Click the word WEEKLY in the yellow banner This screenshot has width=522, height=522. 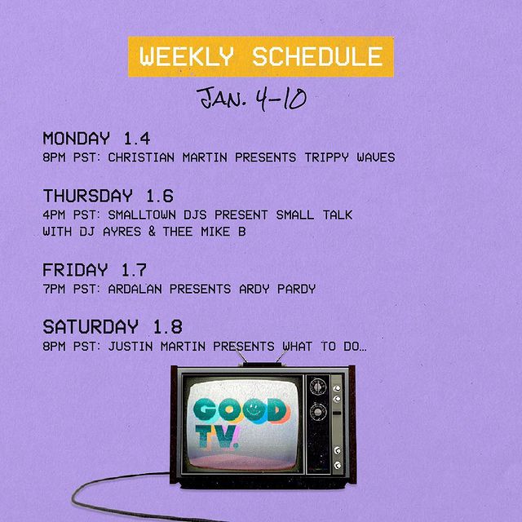click(x=187, y=56)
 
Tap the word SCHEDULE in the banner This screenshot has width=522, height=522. click(x=318, y=56)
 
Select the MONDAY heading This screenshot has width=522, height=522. click(x=76, y=138)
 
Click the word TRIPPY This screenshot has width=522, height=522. click(x=327, y=157)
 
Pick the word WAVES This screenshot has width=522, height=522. click(x=376, y=157)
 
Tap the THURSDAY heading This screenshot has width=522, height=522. click(x=88, y=196)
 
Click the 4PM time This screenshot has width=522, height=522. click(x=54, y=215)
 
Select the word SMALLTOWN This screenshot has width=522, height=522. click(x=142, y=215)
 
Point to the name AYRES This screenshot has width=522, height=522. click(x=122, y=232)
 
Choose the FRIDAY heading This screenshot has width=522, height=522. click(x=75, y=270)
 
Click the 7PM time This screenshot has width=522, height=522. click(x=54, y=289)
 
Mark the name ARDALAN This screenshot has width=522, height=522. click(x=135, y=289)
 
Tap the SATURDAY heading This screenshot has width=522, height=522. click(x=91, y=326)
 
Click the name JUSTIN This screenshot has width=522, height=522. click(x=130, y=346)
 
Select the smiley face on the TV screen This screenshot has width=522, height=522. click(x=254, y=410)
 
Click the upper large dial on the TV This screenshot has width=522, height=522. click(x=318, y=387)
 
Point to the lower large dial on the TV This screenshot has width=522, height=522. click(x=318, y=412)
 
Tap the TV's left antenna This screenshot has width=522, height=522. click(x=241, y=356)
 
